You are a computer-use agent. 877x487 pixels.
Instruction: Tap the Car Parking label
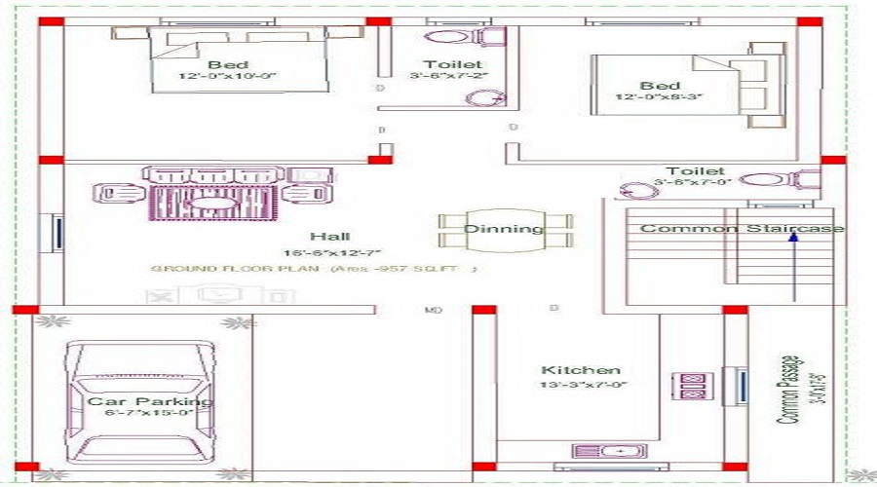pyautogui.click(x=149, y=401)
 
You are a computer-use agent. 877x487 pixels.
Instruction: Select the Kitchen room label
pyautogui.click(x=581, y=370)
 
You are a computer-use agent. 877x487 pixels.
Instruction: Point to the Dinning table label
pyautogui.click(x=503, y=230)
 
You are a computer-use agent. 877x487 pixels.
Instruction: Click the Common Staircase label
pyautogui.click(x=742, y=228)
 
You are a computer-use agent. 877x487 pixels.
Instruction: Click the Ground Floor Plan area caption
pyautogui.click(x=314, y=268)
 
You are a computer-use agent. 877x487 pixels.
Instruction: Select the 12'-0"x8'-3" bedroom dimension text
pyautogui.click(x=660, y=97)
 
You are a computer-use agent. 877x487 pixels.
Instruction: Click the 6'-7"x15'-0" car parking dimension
pyautogui.click(x=149, y=414)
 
